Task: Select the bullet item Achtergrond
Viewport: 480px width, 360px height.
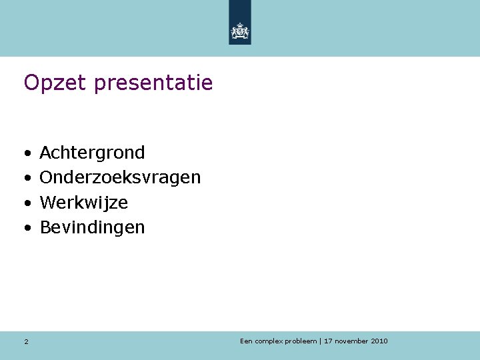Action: [x=92, y=153]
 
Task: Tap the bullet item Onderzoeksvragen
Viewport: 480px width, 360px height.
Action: [x=120, y=177]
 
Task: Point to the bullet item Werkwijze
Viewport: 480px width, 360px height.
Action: [x=84, y=202]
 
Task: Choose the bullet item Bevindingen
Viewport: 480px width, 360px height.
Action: [x=92, y=227]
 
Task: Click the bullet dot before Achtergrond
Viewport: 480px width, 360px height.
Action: [x=27, y=153]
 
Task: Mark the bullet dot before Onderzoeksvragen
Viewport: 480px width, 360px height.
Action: [x=27, y=178]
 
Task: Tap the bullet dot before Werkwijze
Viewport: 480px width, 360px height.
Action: [x=27, y=203]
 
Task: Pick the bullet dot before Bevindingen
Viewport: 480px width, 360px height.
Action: [x=27, y=228]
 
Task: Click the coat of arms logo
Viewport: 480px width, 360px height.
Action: [x=240, y=30]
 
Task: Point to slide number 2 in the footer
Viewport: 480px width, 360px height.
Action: [x=26, y=342]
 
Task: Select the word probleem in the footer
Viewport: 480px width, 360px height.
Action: [x=301, y=341]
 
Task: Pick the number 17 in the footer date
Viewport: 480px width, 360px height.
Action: [x=328, y=341]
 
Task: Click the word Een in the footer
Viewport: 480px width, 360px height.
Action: [x=247, y=341]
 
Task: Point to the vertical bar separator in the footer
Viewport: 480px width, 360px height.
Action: [x=321, y=341]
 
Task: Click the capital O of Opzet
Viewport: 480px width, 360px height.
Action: [x=31, y=83]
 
